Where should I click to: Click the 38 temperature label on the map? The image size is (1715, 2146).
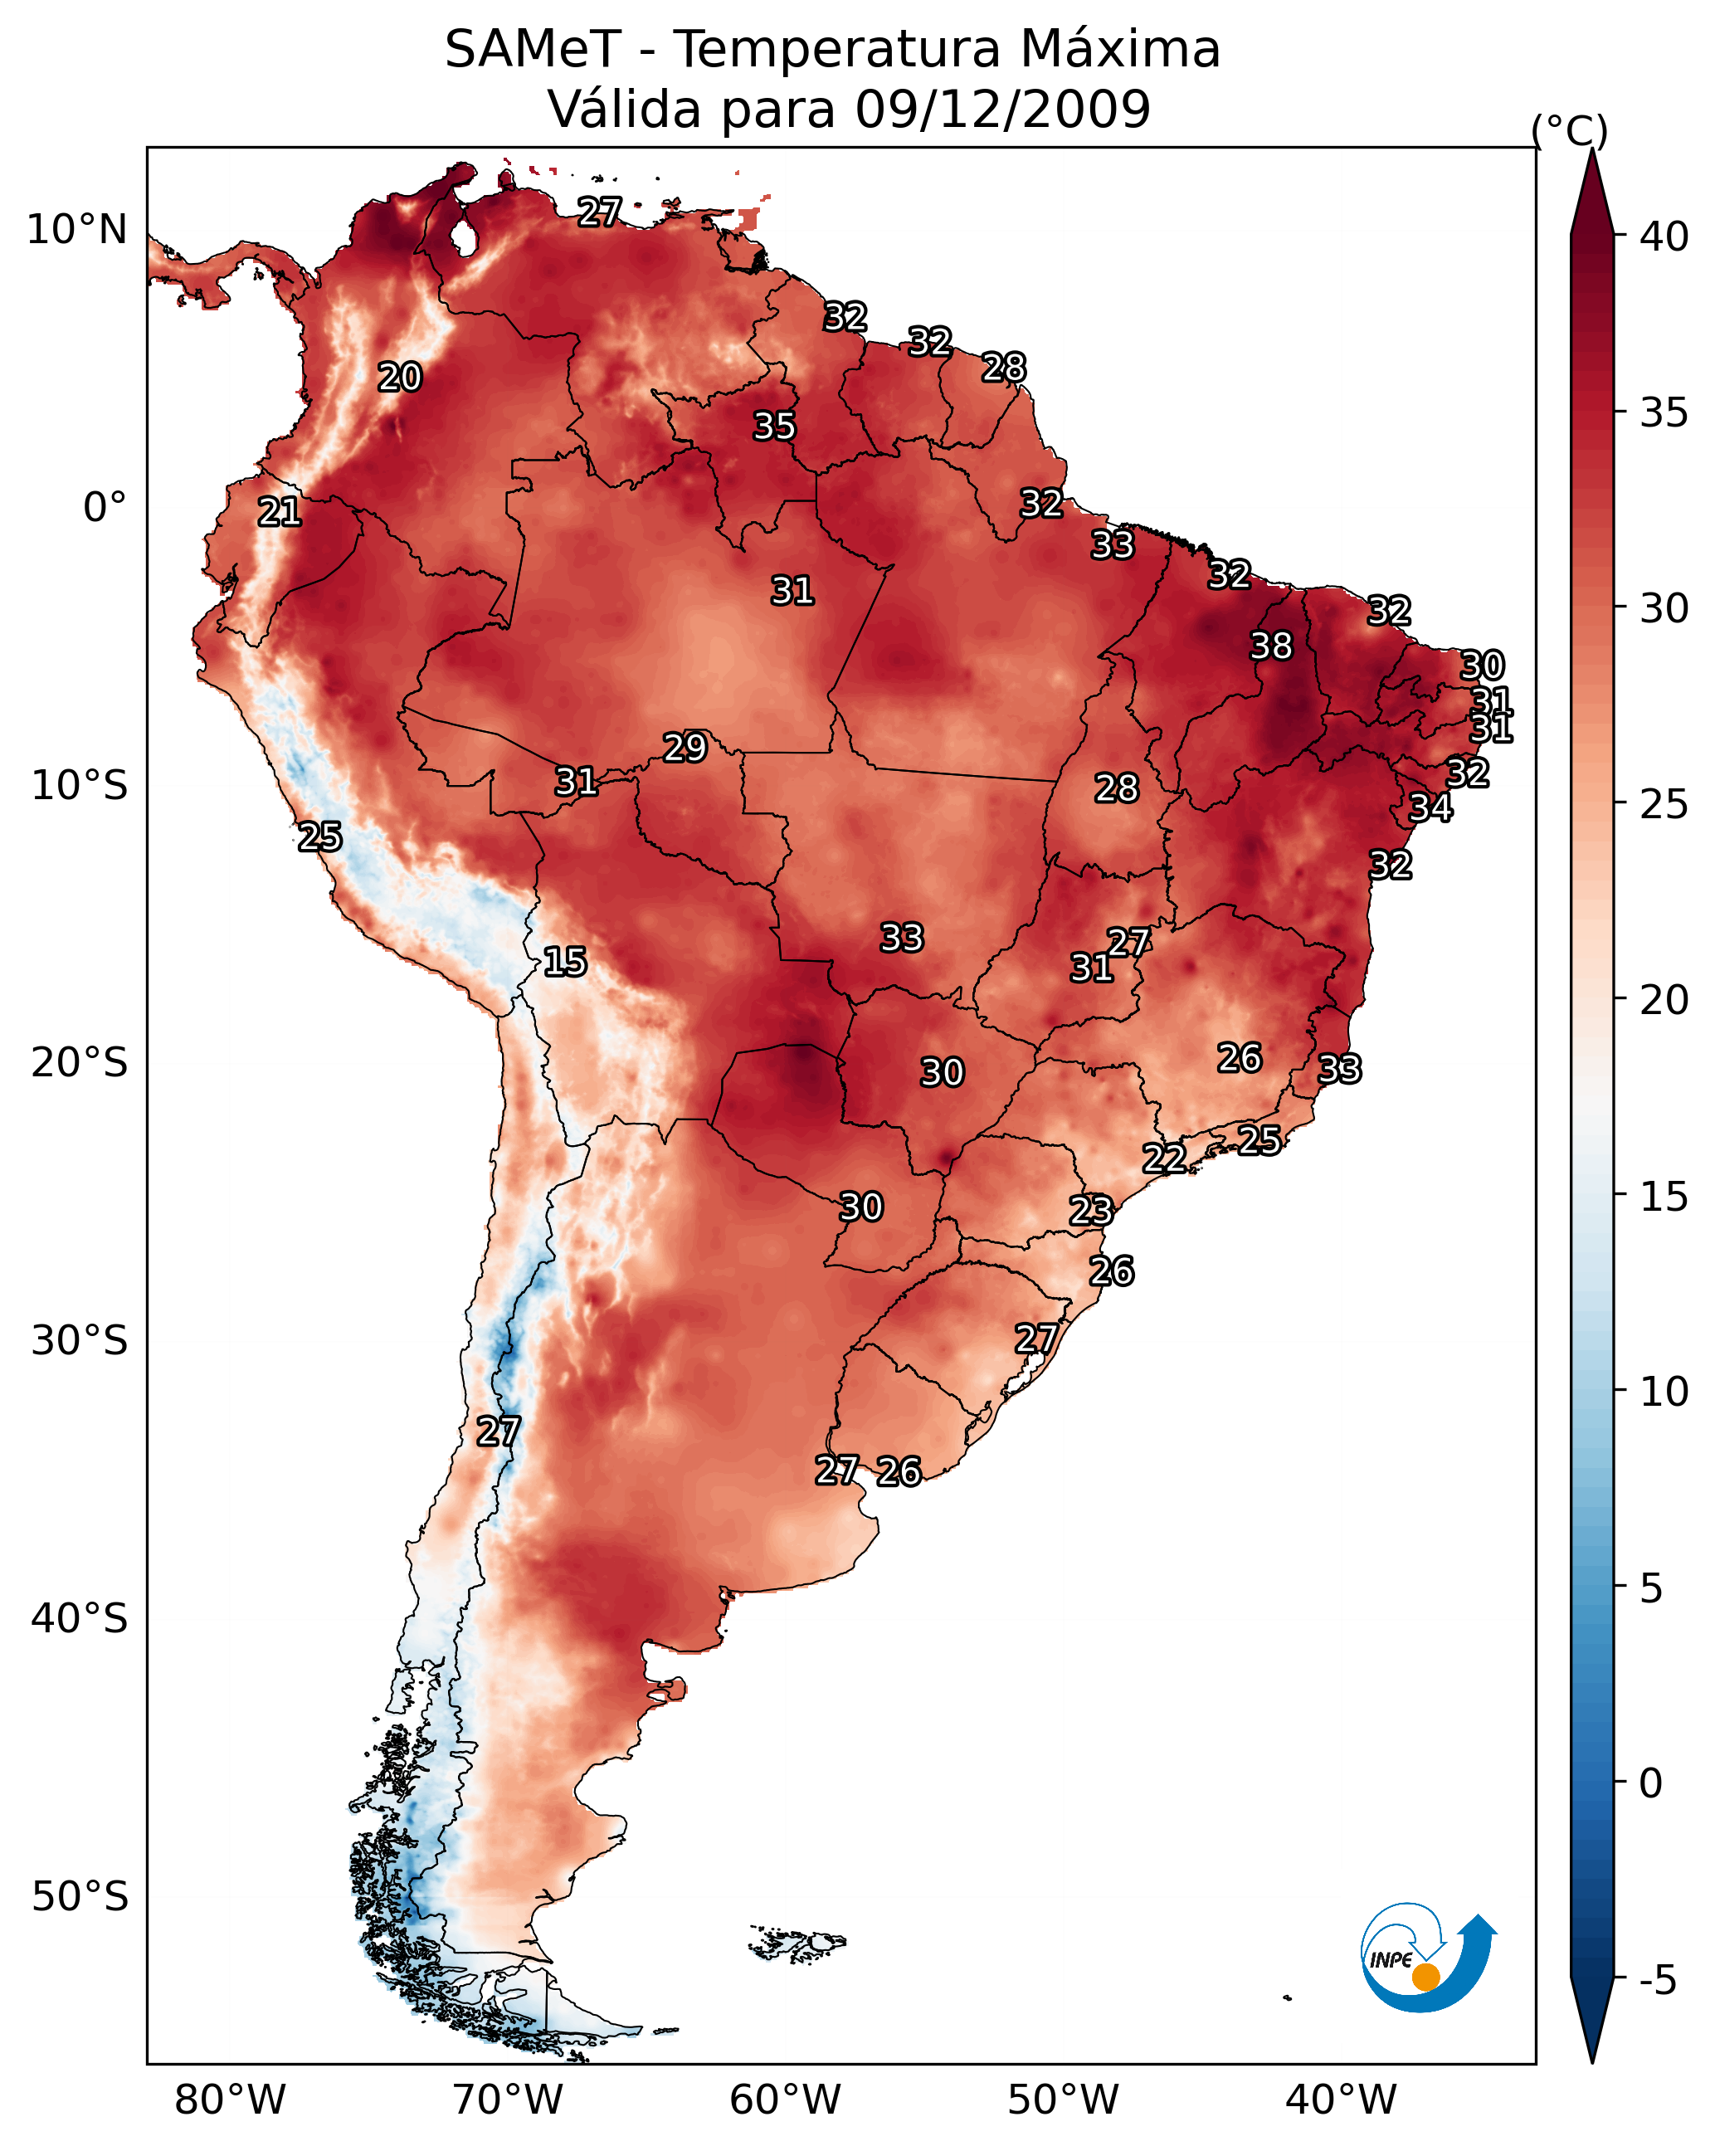click(1271, 646)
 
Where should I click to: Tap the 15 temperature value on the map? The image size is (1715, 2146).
click(564, 962)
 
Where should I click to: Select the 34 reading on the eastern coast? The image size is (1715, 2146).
click(1430, 807)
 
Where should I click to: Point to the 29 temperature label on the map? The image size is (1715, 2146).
click(685, 748)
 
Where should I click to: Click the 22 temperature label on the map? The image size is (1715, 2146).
click(1163, 1158)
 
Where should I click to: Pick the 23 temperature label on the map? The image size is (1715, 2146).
click(1091, 1211)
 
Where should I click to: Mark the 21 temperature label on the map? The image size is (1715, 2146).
click(280, 512)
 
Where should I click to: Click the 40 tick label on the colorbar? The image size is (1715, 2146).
click(1664, 237)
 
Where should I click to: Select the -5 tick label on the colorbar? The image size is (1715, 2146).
click(1657, 1981)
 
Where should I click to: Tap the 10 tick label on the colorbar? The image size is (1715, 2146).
click(1664, 1392)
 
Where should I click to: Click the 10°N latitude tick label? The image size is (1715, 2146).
click(76, 230)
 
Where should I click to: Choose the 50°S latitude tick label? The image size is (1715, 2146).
click(80, 1897)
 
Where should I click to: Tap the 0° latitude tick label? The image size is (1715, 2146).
click(105, 508)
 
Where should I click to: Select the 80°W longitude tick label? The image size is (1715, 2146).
click(230, 2100)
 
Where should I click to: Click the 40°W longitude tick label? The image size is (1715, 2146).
click(1341, 2100)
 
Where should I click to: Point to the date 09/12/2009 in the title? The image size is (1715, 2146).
click(1002, 110)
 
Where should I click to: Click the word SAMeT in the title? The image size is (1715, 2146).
click(533, 50)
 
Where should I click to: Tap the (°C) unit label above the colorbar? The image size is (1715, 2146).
click(1570, 131)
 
